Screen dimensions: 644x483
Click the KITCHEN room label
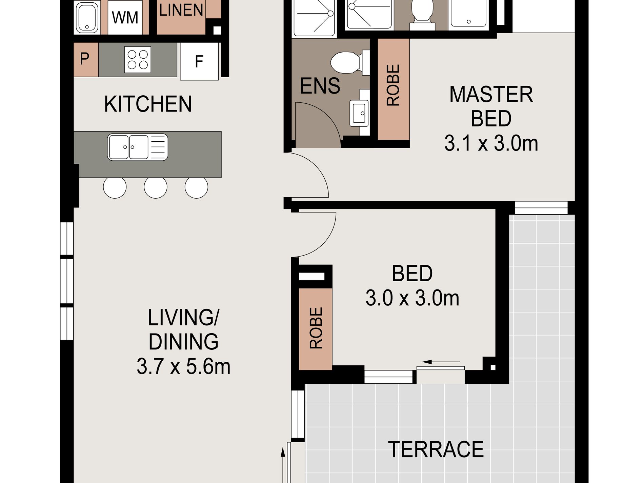[x=148, y=104]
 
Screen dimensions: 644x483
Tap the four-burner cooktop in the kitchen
[x=138, y=60]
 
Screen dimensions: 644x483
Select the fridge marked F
[x=199, y=61]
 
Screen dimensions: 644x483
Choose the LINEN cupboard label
[x=181, y=10]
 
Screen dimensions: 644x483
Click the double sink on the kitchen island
[x=138, y=147]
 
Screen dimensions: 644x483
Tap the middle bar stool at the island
[x=156, y=187]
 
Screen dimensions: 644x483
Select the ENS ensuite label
[x=320, y=86]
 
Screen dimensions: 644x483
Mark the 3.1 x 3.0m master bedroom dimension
[x=491, y=143]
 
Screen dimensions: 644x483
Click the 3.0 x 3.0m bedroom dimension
[x=412, y=299]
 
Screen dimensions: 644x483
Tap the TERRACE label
[x=436, y=449]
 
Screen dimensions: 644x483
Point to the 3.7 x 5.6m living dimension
[x=183, y=366]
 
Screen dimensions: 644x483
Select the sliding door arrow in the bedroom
[x=441, y=362]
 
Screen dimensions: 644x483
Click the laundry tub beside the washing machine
[x=87, y=18]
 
